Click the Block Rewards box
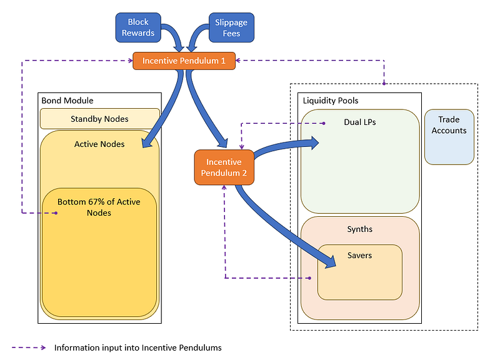[138, 27]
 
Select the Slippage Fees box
[231, 27]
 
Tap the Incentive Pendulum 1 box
[184, 61]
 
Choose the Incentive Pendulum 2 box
[223, 167]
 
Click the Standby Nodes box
[99, 119]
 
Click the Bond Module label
[67, 100]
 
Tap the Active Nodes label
[99, 144]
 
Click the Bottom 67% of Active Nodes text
[99, 207]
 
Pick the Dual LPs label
[360, 122]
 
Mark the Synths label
[359, 229]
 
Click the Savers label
[359, 256]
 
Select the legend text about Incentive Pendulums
[137, 347]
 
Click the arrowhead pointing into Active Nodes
[147, 144]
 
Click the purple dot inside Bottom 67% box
[56, 213]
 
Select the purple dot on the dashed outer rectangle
[384, 83]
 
